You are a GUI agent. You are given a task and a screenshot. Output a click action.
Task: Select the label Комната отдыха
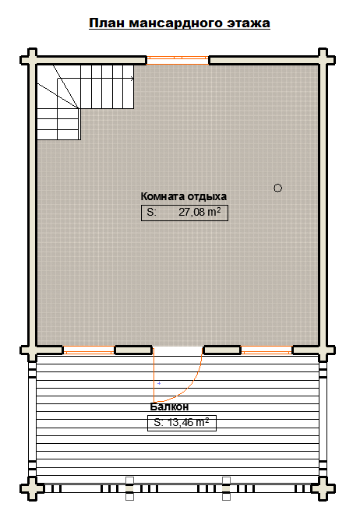coord(184,196)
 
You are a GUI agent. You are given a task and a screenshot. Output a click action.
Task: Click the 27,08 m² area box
coord(185,213)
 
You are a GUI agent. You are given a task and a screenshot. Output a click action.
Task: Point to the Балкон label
coord(169,407)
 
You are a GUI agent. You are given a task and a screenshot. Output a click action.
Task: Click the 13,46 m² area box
coord(182,423)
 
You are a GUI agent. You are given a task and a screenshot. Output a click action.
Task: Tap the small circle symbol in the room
coord(277,188)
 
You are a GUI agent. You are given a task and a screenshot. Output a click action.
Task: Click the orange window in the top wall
coord(178,60)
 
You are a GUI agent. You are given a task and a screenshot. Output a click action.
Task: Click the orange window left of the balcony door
coord(89,350)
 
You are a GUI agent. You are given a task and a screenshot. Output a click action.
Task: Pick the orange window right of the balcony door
coord(266,350)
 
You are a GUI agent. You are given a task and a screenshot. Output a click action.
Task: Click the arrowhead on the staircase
coord(132,79)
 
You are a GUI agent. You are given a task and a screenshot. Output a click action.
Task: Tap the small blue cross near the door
coord(159,383)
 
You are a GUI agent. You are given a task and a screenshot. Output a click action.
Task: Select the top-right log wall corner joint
coord(323,60)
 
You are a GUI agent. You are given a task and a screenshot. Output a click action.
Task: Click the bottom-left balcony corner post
coord(32,488)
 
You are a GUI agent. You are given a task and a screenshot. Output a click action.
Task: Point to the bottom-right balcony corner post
coord(323,488)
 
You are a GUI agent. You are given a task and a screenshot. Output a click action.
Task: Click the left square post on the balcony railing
coord(130,488)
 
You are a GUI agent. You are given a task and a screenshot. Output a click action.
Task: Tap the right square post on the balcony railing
coord(226,488)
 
